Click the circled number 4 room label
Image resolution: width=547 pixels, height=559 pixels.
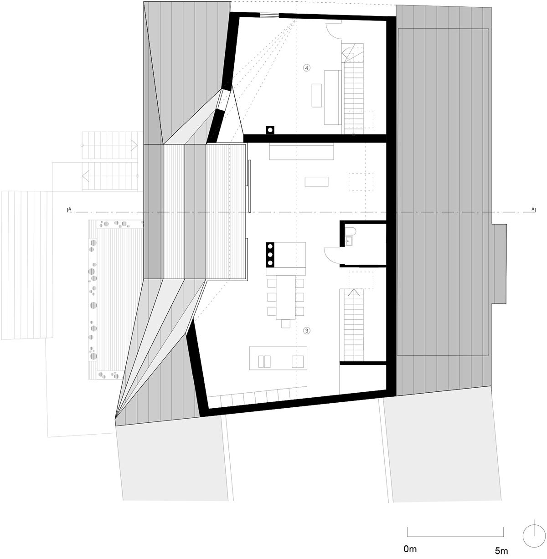pos(307,68)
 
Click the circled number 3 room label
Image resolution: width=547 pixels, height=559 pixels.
pos(307,331)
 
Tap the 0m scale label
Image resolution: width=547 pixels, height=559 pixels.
pos(410,549)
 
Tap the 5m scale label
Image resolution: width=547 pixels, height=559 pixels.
pos(501,551)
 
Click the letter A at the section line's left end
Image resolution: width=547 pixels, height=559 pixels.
pos(70,209)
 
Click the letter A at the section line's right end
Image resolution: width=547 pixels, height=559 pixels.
pos(533,209)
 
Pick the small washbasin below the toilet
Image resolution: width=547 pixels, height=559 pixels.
pos(349,241)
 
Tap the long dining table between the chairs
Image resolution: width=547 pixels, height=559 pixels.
pos(285,297)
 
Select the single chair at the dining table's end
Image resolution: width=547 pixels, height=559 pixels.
pos(286,324)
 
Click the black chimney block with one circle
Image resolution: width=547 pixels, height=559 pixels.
pos(270,130)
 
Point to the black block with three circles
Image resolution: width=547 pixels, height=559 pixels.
pos(270,255)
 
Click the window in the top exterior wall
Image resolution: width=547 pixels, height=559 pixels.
pos(269,15)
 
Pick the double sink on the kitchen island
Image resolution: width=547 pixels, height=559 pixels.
pos(264,362)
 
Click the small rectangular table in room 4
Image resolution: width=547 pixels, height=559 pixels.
pos(317,95)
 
